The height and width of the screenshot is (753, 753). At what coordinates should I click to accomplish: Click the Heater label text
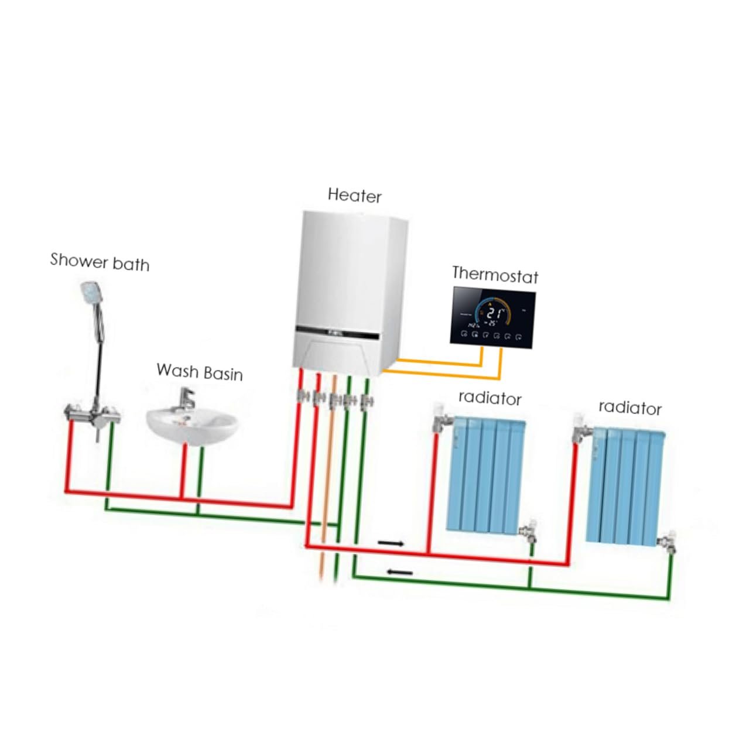click(354, 195)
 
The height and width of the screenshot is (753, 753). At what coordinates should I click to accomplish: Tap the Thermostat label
click(495, 274)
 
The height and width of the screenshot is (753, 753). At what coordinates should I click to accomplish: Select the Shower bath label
click(100, 262)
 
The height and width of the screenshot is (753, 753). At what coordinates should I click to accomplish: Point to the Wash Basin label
click(199, 372)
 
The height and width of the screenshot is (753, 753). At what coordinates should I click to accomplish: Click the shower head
click(90, 293)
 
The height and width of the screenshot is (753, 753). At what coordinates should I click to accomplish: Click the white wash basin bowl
click(191, 425)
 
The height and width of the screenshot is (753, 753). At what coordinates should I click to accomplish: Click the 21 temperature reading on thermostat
click(496, 312)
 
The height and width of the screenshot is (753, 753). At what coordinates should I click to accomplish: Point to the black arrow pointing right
click(391, 543)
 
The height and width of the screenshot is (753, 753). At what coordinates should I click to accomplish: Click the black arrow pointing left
click(400, 572)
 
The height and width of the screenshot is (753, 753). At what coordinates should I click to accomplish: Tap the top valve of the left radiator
click(441, 417)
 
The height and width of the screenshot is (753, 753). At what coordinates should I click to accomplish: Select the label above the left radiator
click(490, 398)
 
